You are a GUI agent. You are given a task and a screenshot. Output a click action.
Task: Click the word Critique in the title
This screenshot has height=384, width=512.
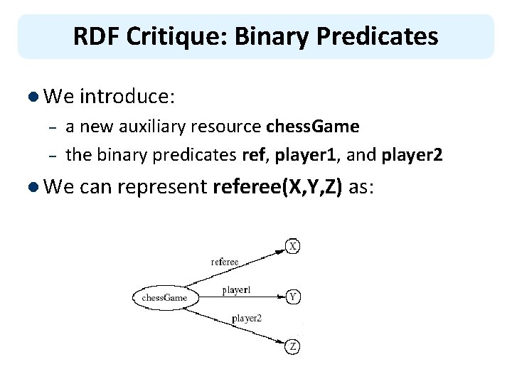(x=165, y=36)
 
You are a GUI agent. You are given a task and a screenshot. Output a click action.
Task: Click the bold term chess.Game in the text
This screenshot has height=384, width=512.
(x=312, y=127)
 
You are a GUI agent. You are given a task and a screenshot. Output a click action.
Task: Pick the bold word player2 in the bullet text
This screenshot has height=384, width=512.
(x=409, y=155)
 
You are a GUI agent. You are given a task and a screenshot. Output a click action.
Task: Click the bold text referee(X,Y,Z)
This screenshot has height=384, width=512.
(x=277, y=187)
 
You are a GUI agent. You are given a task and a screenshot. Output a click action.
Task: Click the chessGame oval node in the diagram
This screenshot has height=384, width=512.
(x=164, y=297)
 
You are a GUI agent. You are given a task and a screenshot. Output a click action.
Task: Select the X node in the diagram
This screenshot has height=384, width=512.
(x=293, y=246)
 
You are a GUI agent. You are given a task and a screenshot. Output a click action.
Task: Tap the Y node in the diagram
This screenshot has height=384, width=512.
(x=293, y=297)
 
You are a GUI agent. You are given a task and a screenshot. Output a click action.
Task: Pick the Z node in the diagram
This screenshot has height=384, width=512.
(x=293, y=347)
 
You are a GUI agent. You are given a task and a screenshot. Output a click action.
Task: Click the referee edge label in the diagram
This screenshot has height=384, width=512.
(x=225, y=262)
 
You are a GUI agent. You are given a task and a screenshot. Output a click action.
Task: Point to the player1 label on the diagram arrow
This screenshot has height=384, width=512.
(x=236, y=290)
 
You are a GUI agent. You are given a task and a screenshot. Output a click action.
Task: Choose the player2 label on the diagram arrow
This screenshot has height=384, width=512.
(x=247, y=319)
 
